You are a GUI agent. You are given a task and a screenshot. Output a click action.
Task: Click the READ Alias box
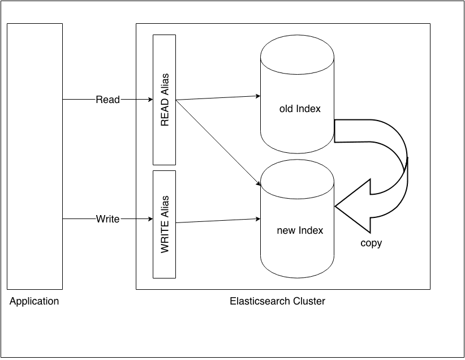coord(164,100)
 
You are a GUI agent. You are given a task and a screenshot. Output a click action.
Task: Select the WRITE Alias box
coord(164,224)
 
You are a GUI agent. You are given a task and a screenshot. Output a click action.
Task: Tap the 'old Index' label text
coord(300,109)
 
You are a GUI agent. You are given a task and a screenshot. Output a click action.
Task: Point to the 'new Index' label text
coord(300,230)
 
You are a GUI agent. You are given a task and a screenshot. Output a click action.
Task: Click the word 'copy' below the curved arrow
coord(371,243)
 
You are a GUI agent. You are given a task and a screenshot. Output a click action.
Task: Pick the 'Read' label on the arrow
coord(107,100)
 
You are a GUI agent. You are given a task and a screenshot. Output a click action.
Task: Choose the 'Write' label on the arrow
coord(107,218)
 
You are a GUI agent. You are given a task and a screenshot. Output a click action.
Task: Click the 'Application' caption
coord(34,301)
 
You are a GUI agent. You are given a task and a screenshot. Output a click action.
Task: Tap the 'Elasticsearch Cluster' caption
coord(277,301)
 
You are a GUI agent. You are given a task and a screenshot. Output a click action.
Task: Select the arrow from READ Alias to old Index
coord(218,98)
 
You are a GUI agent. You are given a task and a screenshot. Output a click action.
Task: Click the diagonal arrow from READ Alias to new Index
coord(218,143)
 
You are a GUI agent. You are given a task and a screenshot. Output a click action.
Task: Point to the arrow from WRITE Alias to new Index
coord(218,220)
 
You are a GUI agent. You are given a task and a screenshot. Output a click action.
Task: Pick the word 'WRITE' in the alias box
coord(165,238)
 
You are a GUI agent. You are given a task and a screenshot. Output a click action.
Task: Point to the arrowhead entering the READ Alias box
coord(149,100)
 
